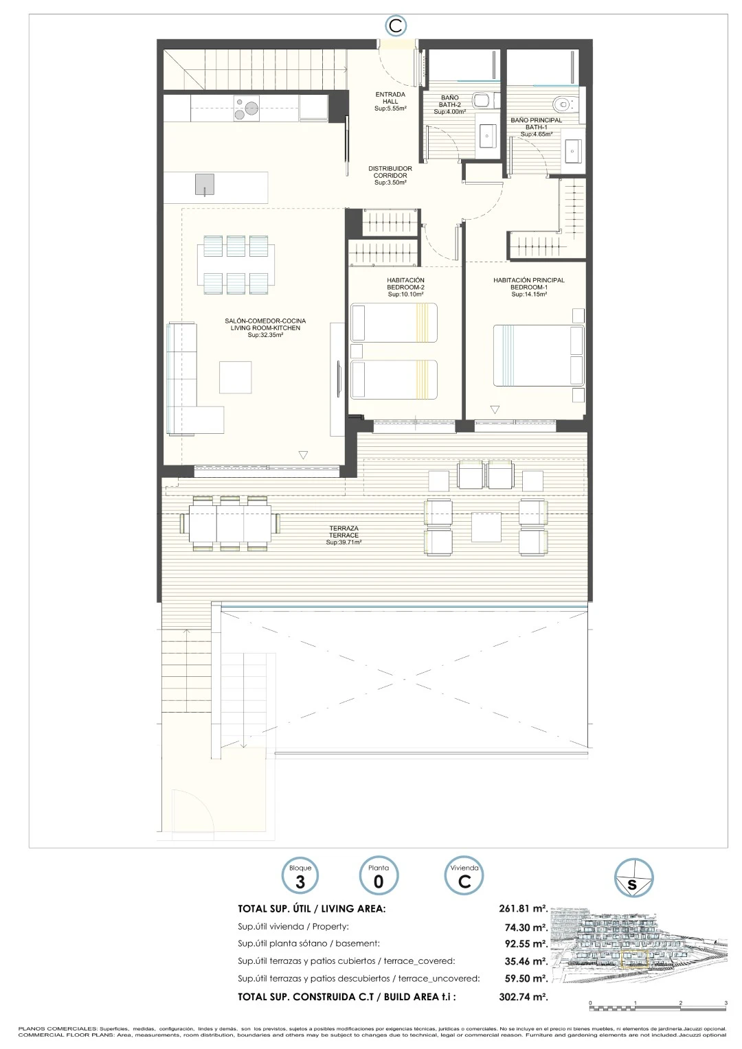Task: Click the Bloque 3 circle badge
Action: (300, 875)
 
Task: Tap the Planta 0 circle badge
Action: (379, 875)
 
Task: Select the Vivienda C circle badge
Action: (464, 875)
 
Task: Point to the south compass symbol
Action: (633, 877)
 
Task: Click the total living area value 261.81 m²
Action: (523, 908)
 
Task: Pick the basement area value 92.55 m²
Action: (526, 944)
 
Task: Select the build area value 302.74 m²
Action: (523, 997)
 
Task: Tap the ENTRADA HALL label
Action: (390, 101)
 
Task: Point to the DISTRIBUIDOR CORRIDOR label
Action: (390, 175)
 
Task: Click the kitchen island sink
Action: (204, 185)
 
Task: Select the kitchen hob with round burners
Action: (247, 108)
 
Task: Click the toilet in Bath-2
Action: (483, 100)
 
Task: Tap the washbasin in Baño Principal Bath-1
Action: (573, 151)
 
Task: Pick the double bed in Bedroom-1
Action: (539, 356)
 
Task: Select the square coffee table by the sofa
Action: (235, 377)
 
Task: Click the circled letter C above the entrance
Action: (396, 26)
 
